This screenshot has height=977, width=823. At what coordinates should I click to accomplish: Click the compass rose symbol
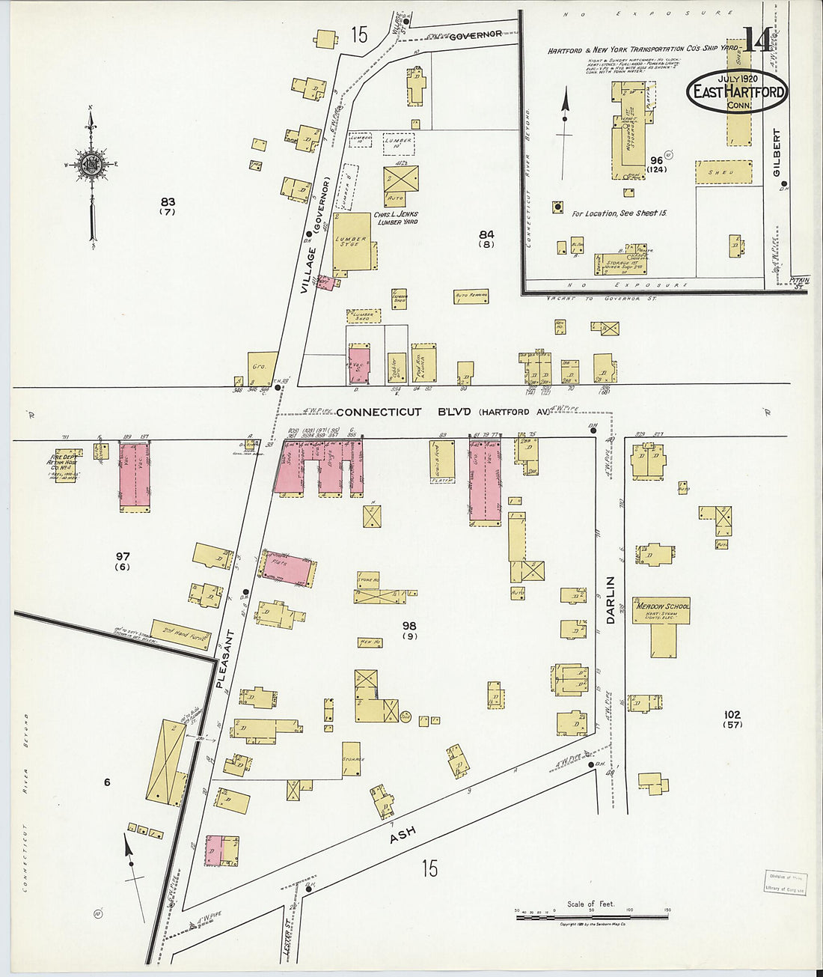91,165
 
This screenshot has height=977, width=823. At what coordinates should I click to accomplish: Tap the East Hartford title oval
738,91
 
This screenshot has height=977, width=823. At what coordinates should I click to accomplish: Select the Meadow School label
661,606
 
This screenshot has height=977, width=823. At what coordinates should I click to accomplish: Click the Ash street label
402,836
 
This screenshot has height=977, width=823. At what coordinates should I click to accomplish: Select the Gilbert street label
777,153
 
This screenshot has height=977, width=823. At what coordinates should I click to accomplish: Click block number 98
409,626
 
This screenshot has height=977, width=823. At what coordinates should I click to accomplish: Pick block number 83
168,201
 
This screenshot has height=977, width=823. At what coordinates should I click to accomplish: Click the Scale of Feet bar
591,916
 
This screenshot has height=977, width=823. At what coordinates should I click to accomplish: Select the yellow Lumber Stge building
352,242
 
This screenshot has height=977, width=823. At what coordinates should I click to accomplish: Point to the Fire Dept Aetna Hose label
66,461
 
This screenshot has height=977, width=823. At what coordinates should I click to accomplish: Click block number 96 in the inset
657,160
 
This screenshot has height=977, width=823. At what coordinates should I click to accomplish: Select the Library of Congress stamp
785,883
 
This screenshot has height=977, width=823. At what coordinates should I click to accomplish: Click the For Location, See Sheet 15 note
619,213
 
